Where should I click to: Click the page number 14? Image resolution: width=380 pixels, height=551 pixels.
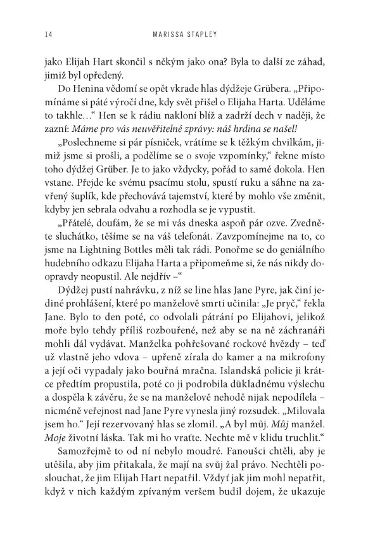pyautogui.click(x=47, y=35)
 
